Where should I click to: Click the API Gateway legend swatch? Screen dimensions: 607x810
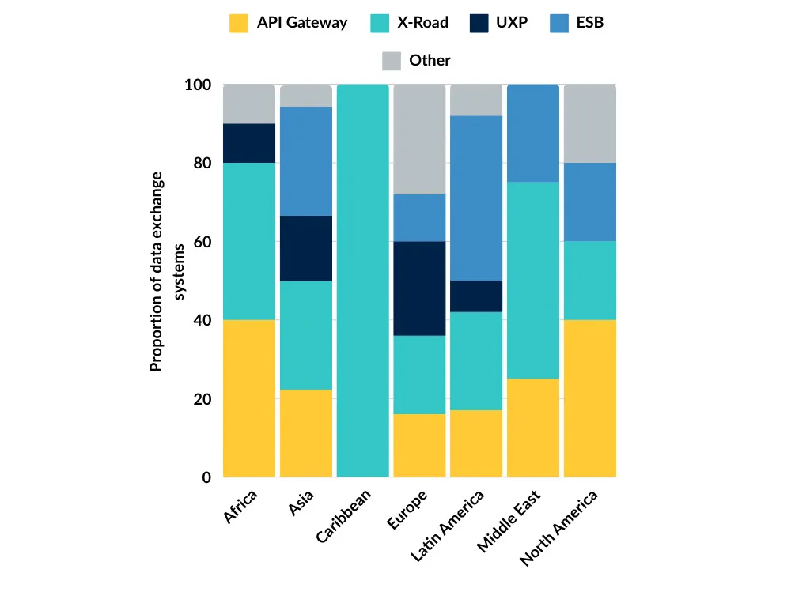[x=238, y=23]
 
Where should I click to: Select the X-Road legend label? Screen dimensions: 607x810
[x=422, y=23]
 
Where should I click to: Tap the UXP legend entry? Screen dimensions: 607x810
[x=512, y=23]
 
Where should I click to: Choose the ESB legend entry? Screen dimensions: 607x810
[x=589, y=23]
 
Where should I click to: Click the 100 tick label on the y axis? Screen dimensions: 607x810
[x=197, y=85]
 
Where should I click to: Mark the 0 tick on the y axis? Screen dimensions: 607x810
[x=206, y=477]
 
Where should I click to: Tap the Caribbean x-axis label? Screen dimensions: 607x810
[x=343, y=517]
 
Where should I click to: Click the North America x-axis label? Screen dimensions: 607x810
[x=558, y=528]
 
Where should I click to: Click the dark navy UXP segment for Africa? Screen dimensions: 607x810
[x=249, y=143]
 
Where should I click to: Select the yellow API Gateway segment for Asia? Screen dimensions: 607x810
[x=306, y=433]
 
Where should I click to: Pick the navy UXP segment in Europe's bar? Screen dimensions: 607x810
[x=419, y=288]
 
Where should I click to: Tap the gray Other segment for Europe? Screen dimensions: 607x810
[x=419, y=139]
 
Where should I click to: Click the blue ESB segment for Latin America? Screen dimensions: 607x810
[x=476, y=198]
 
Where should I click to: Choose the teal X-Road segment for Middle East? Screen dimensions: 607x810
[x=533, y=281]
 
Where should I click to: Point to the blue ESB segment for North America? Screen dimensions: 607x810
[x=590, y=202]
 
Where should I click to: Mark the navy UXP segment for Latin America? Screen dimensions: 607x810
[x=476, y=296]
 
